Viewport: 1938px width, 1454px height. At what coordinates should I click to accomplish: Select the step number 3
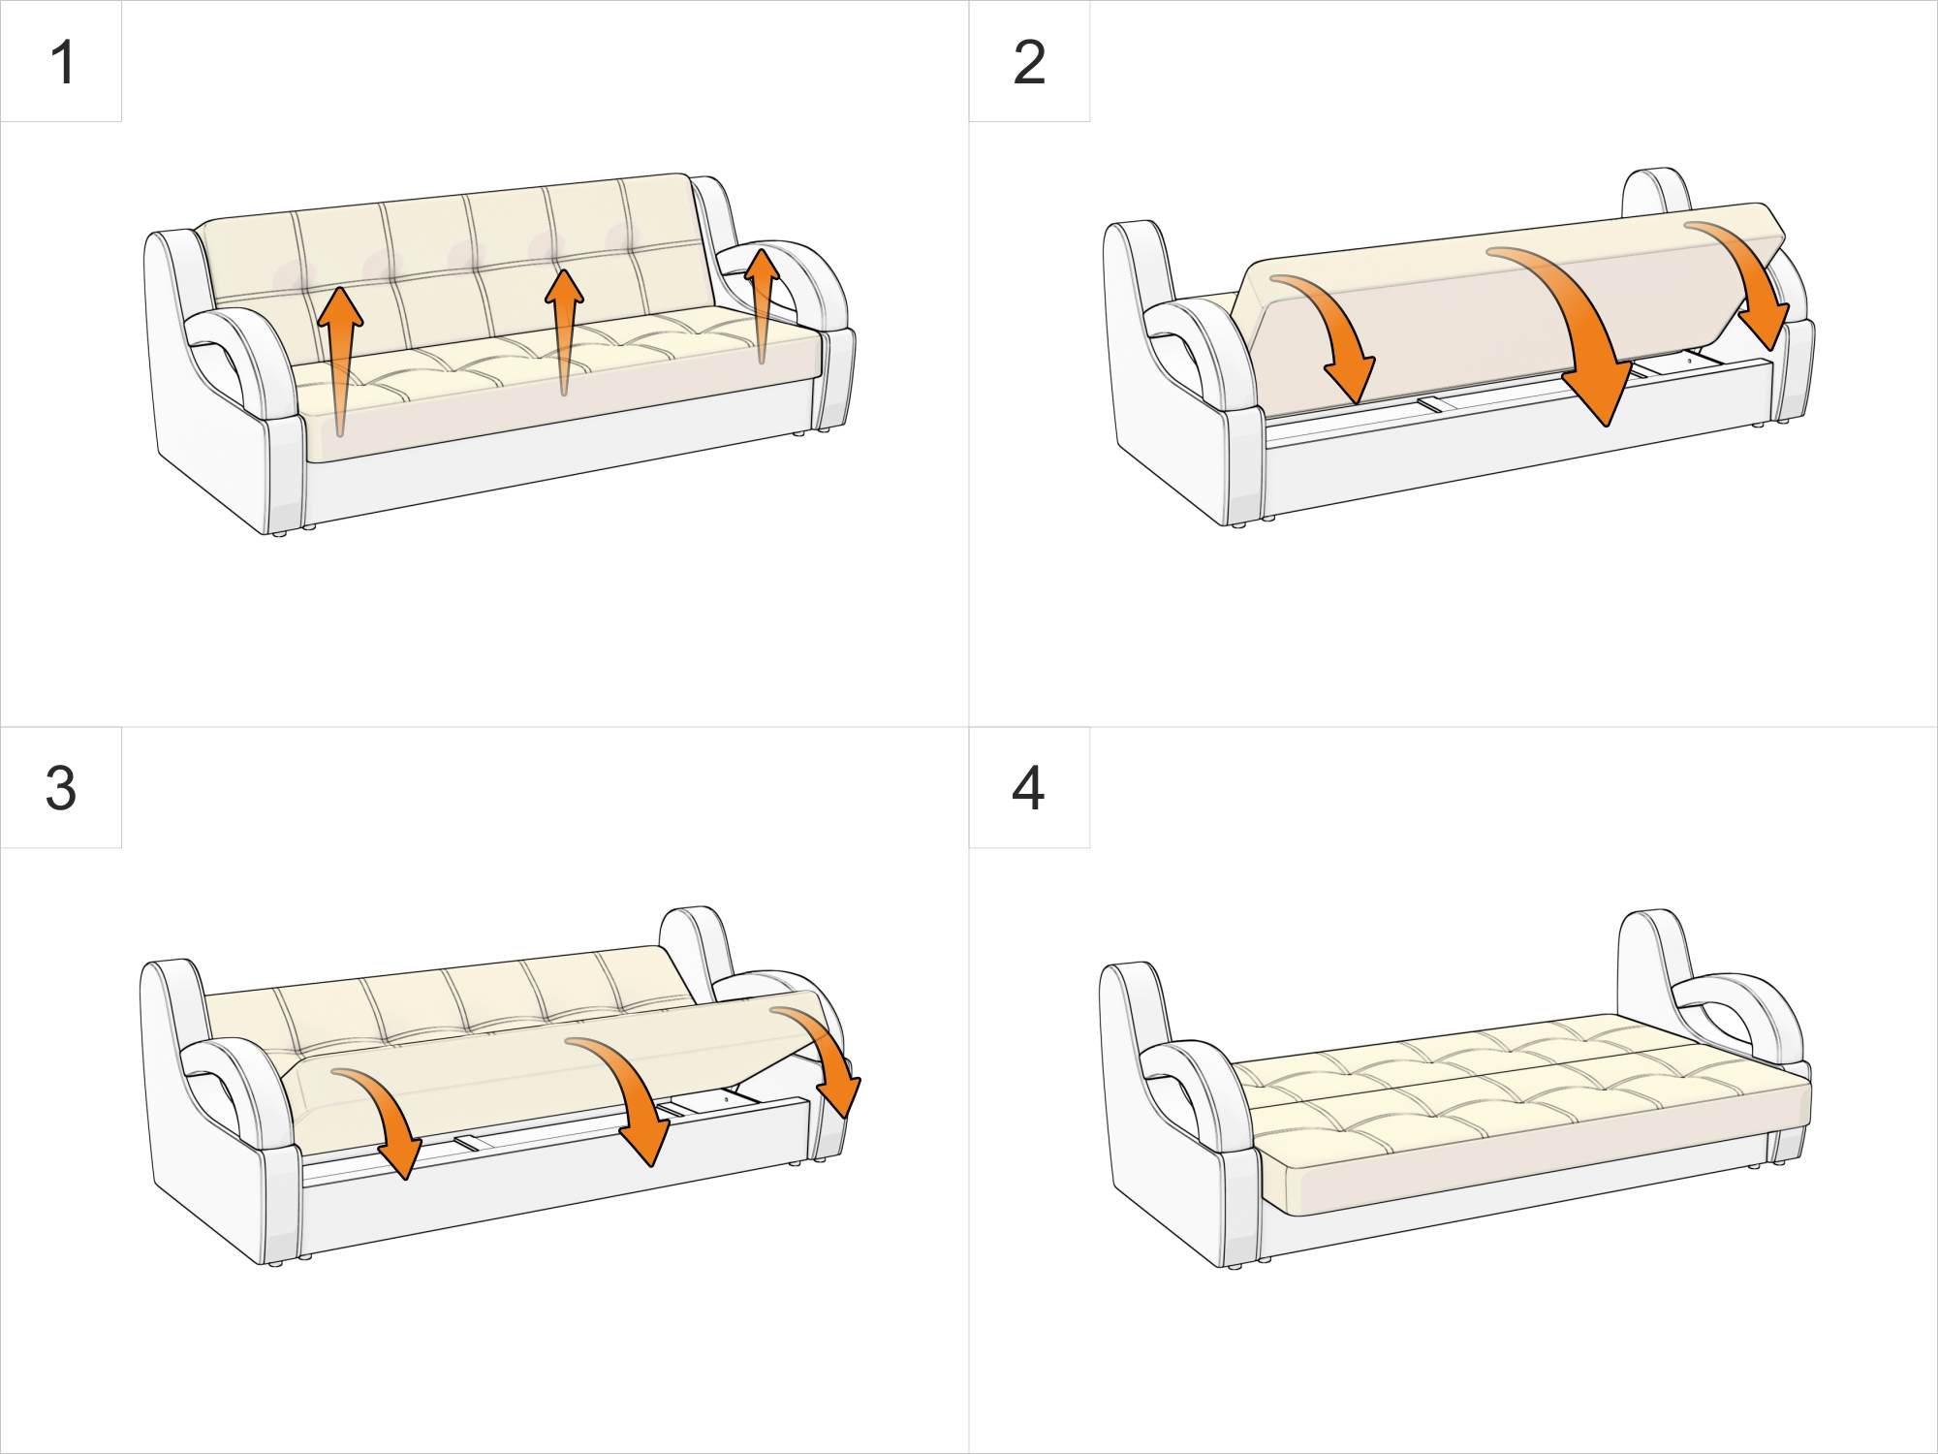[60, 788]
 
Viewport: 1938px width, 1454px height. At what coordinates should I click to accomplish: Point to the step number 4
[1028, 788]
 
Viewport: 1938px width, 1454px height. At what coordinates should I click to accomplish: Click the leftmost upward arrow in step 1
[340, 349]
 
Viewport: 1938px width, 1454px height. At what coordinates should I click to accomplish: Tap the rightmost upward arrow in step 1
[763, 300]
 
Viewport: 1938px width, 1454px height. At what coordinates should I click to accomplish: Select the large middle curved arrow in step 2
[1579, 330]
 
